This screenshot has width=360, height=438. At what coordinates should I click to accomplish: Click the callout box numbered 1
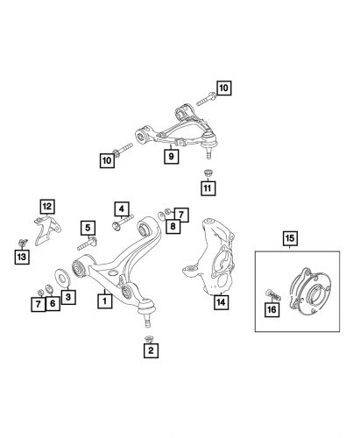pyautogui.click(x=105, y=300)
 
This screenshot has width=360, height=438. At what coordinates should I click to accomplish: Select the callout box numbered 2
pyautogui.click(x=151, y=350)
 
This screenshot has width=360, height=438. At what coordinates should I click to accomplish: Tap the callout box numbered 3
pyautogui.click(x=68, y=297)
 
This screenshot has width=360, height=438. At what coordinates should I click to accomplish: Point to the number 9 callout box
pyautogui.click(x=171, y=156)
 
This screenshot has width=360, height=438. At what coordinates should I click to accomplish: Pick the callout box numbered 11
pyautogui.click(x=208, y=188)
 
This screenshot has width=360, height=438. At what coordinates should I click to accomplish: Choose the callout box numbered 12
pyautogui.click(x=47, y=207)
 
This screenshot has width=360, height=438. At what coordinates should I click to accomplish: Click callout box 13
pyautogui.click(x=22, y=257)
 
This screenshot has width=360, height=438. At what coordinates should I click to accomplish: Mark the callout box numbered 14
pyautogui.click(x=221, y=302)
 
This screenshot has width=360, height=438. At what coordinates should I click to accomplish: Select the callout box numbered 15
pyautogui.click(x=290, y=238)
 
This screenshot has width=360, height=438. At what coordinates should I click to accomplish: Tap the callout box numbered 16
pyautogui.click(x=272, y=309)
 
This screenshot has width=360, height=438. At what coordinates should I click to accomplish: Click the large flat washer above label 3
pyautogui.click(x=62, y=278)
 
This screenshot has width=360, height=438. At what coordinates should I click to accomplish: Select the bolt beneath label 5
pyautogui.click(x=87, y=244)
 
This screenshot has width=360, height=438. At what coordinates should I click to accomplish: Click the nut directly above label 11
pyautogui.click(x=208, y=173)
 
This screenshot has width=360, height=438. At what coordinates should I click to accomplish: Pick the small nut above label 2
pyautogui.click(x=149, y=339)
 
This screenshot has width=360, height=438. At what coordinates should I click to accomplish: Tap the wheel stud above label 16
pyautogui.click(x=273, y=294)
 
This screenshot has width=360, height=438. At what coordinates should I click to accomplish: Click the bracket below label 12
pyautogui.click(x=46, y=230)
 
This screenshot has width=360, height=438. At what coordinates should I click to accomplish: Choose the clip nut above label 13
pyautogui.click(x=22, y=243)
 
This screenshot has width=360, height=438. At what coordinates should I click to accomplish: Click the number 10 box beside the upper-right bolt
pyautogui.click(x=223, y=88)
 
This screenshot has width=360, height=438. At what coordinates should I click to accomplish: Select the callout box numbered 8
pyautogui.click(x=173, y=226)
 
